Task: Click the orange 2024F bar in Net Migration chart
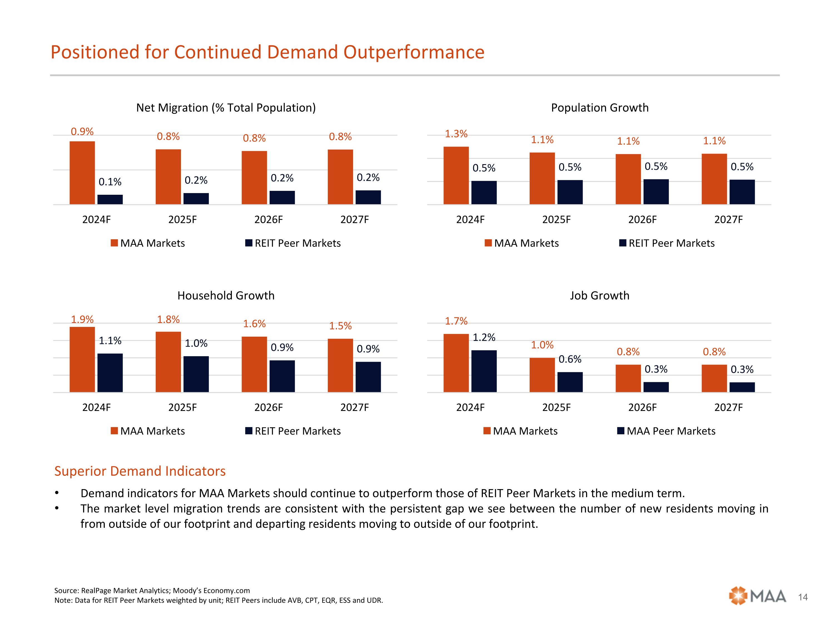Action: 82,173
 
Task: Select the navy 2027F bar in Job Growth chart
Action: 742,387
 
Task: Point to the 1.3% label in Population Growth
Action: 456,134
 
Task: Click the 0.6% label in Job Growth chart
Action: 570,359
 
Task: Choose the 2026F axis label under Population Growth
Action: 642,220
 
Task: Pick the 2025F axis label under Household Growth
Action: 182,408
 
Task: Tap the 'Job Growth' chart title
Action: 599,295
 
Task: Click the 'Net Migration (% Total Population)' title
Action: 226,108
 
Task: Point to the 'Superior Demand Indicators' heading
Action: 140,471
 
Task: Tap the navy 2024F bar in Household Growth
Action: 110,373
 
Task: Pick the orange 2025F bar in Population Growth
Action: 542,179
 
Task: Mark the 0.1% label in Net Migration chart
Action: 110,182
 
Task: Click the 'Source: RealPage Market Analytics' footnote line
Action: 152,591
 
